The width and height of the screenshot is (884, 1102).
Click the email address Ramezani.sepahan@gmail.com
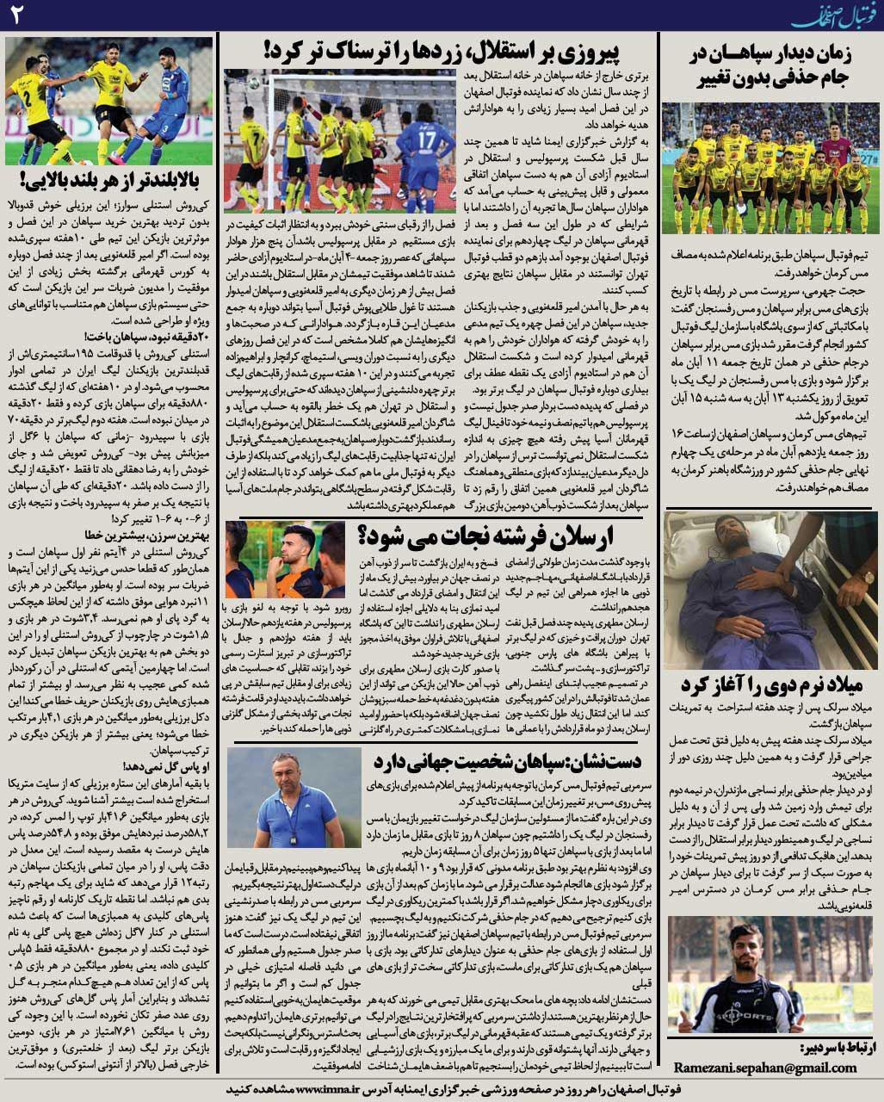click(764, 1068)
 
